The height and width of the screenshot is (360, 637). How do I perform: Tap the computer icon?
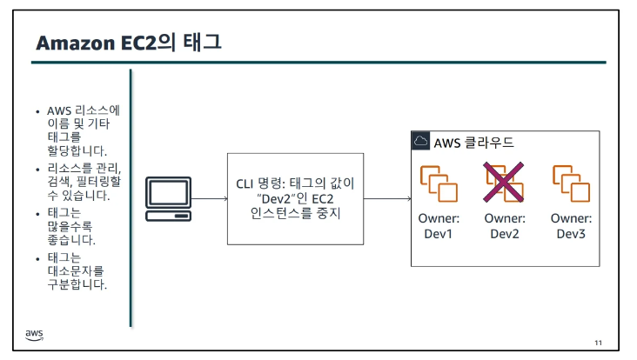[167, 199]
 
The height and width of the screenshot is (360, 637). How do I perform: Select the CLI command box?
[295, 198]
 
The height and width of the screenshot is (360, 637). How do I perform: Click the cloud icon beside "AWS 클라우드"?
[420, 141]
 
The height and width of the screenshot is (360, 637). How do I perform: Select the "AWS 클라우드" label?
[473, 142]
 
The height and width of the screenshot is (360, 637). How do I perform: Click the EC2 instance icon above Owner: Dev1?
[439, 183]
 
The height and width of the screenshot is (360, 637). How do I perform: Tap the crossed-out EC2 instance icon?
[506, 183]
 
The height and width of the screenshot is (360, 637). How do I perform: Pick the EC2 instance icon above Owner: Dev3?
[572, 183]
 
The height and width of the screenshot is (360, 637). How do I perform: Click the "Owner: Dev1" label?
[439, 226]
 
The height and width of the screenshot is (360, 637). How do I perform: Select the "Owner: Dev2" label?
[506, 226]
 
